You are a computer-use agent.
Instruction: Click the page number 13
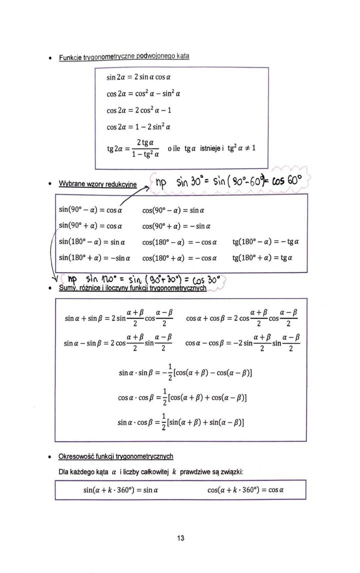tap(180, 538)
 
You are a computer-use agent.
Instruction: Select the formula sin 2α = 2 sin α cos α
tap(138, 78)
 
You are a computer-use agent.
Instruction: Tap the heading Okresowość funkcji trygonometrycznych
tap(116, 456)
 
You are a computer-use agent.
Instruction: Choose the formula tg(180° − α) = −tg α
tap(265, 242)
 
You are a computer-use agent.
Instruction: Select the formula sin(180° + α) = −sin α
tap(91, 258)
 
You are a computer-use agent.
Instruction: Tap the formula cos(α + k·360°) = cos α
tap(245, 490)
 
